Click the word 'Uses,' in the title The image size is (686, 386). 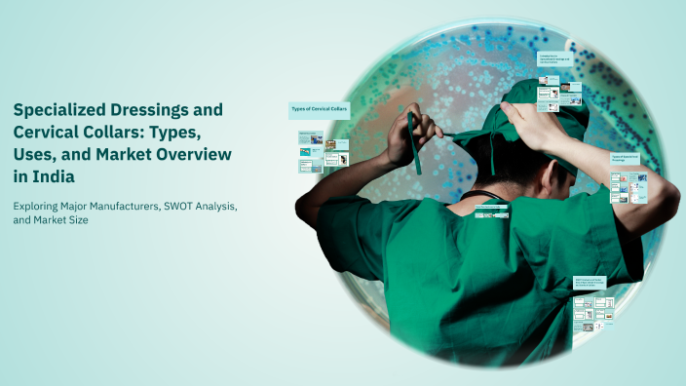(35, 155)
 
